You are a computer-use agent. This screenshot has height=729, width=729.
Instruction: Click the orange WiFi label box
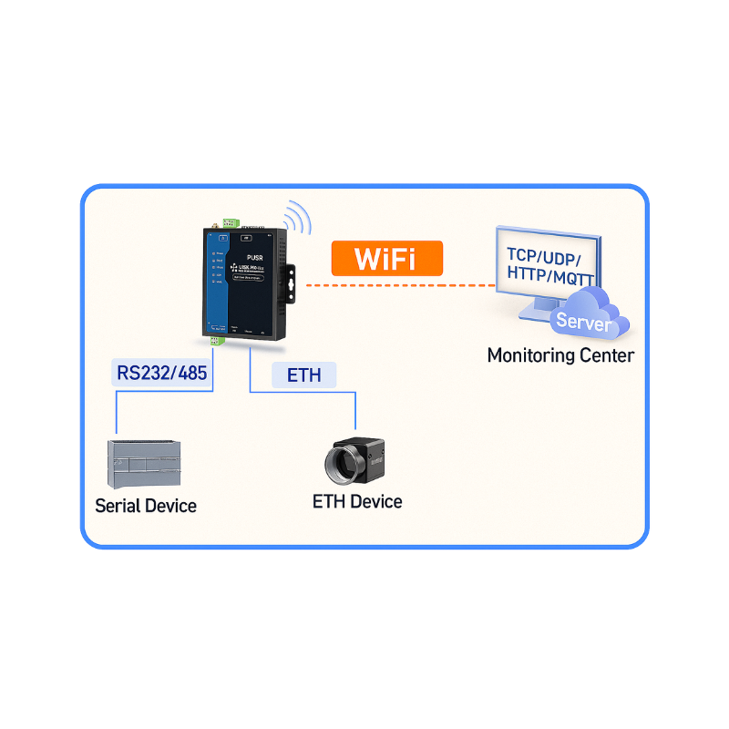click(386, 258)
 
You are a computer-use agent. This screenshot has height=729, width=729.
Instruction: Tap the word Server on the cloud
click(583, 321)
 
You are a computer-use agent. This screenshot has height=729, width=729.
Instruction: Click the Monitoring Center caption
click(560, 355)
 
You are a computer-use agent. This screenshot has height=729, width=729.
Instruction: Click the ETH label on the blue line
click(304, 374)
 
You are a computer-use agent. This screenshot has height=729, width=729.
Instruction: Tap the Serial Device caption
click(146, 506)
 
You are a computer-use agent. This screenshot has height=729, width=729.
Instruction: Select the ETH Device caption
click(356, 501)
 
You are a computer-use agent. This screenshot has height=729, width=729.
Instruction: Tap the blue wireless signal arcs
click(297, 219)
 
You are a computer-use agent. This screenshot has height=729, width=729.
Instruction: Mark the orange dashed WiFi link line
click(401, 285)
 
